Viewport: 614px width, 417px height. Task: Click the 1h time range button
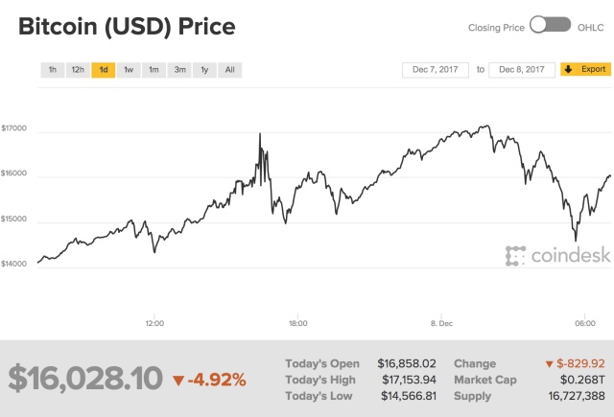(x=52, y=69)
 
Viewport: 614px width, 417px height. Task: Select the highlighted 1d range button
(x=103, y=69)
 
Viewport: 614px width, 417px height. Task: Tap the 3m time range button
(x=178, y=69)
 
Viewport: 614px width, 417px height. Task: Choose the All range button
(x=229, y=69)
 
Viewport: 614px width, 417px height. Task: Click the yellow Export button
(x=585, y=69)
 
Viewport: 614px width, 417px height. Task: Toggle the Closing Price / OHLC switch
(x=550, y=27)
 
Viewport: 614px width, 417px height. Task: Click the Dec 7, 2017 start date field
(x=437, y=69)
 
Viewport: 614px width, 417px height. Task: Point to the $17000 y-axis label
(x=14, y=128)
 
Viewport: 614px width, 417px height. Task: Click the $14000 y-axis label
(x=14, y=263)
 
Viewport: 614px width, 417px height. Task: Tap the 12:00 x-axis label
(x=155, y=322)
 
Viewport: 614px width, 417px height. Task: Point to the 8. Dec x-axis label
(x=441, y=322)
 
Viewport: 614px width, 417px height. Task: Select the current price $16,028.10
(x=85, y=379)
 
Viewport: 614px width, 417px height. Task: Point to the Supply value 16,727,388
(x=572, y=396)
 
